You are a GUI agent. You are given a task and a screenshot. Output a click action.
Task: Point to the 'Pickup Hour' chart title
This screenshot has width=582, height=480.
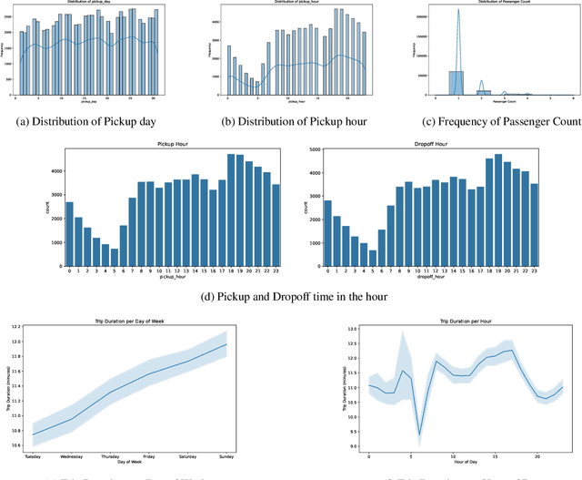[172, 144]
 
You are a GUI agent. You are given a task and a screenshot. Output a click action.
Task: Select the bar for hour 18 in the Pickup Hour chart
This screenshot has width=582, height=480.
[232, 209]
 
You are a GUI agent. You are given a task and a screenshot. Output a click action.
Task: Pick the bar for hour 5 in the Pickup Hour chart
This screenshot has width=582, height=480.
[115, 255]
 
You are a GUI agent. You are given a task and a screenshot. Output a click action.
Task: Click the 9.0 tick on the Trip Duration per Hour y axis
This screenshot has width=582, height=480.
[355, 446]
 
